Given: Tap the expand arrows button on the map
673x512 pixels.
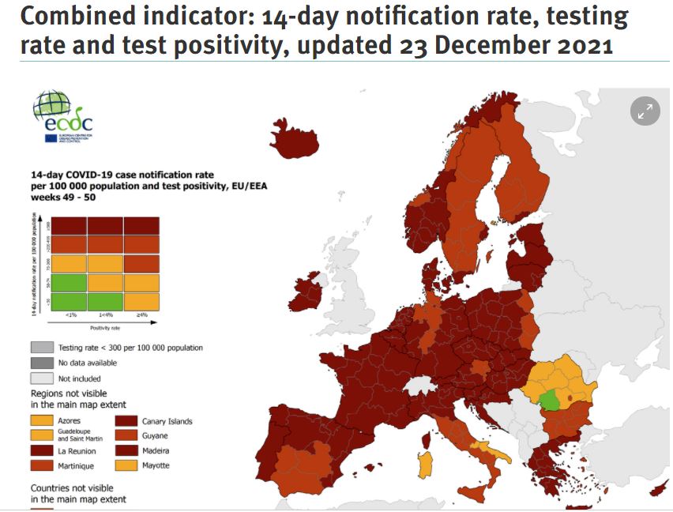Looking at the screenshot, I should click(645, 111).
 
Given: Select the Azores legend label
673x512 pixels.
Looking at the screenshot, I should click(70, 421).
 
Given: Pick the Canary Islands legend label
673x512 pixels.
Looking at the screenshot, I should click(167, 421).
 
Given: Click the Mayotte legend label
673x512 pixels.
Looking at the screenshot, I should click(156, 465).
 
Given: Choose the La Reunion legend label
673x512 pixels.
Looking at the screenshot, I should click(78, 450).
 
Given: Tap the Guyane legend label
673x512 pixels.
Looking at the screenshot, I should click(155, 435).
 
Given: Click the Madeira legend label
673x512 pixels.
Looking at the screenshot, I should click(156, 450).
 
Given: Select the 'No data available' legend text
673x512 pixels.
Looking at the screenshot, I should click(88, 363).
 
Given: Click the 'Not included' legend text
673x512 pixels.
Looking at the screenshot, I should click(80, 378).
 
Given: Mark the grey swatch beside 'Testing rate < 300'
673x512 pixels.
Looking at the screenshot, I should click(42, 348).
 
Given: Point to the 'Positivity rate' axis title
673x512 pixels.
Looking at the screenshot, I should click(104, 326).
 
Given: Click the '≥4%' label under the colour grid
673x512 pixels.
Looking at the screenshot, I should click(141, 315).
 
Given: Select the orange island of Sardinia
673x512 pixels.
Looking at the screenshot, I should click(426, 464).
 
